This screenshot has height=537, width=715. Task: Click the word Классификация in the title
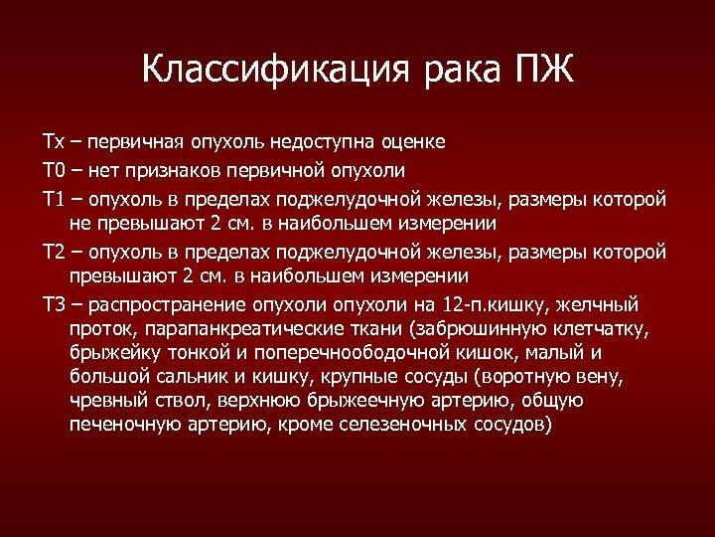[x=259, y=71]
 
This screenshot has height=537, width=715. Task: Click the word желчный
[x=599, y=304]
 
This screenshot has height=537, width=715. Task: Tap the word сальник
[x=177, y=377]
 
